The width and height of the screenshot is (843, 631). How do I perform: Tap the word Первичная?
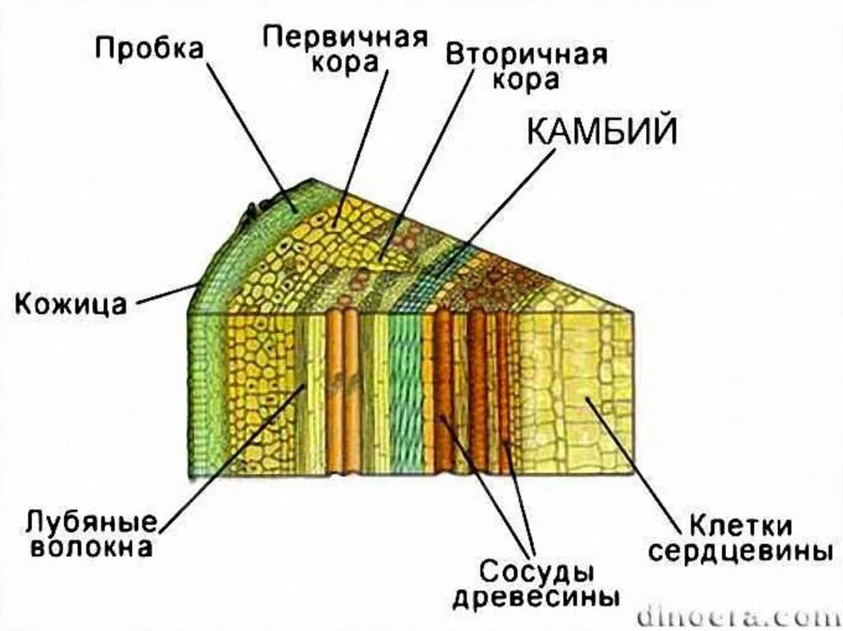tap(345, 37)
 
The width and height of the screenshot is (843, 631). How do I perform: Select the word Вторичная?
tap(527, 55)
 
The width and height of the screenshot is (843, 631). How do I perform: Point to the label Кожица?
tap(71, 304)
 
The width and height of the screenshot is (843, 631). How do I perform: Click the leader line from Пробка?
tap(250, 132)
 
